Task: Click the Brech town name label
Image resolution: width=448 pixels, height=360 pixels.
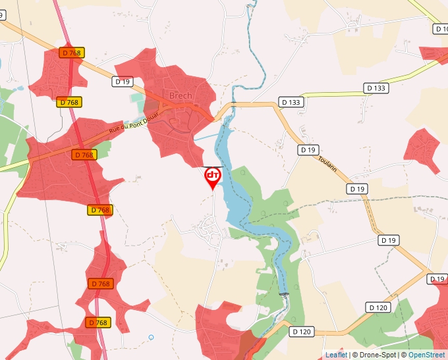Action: [181, 95]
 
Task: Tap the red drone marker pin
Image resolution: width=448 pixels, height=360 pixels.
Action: [213, 177]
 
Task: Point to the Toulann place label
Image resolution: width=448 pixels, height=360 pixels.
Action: [327, 164]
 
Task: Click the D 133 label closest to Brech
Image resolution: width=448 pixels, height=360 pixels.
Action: [291, 102]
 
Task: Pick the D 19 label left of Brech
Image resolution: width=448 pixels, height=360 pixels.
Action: [123, 82]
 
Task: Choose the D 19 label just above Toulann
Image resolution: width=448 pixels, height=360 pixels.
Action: [308, 150]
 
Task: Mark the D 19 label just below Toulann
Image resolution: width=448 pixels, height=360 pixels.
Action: [357, 189]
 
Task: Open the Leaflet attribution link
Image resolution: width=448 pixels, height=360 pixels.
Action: [336, 355]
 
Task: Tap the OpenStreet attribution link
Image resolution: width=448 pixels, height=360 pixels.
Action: [426, 355]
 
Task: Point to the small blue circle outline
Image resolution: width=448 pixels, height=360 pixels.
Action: [151, 337]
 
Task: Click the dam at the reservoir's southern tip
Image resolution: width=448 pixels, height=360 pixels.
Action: [284, 294]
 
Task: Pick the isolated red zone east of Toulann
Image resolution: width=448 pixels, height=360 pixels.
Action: [422, 149]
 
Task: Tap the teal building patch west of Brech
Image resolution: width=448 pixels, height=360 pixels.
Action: [136, 99]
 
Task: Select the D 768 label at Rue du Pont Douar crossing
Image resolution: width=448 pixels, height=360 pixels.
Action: [84, 155]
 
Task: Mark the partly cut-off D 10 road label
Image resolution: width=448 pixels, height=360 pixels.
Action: [441, 29]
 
